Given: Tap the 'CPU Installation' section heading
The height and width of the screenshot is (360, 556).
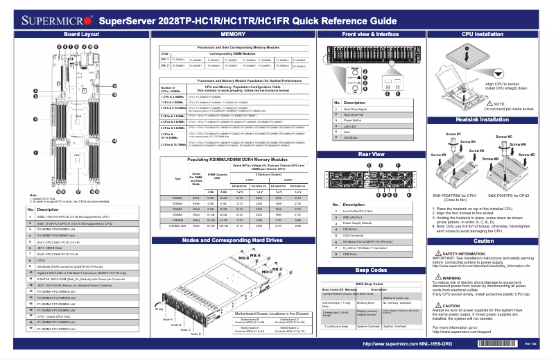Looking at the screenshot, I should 483,33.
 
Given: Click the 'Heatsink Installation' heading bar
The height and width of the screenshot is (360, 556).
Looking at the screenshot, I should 483,120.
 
